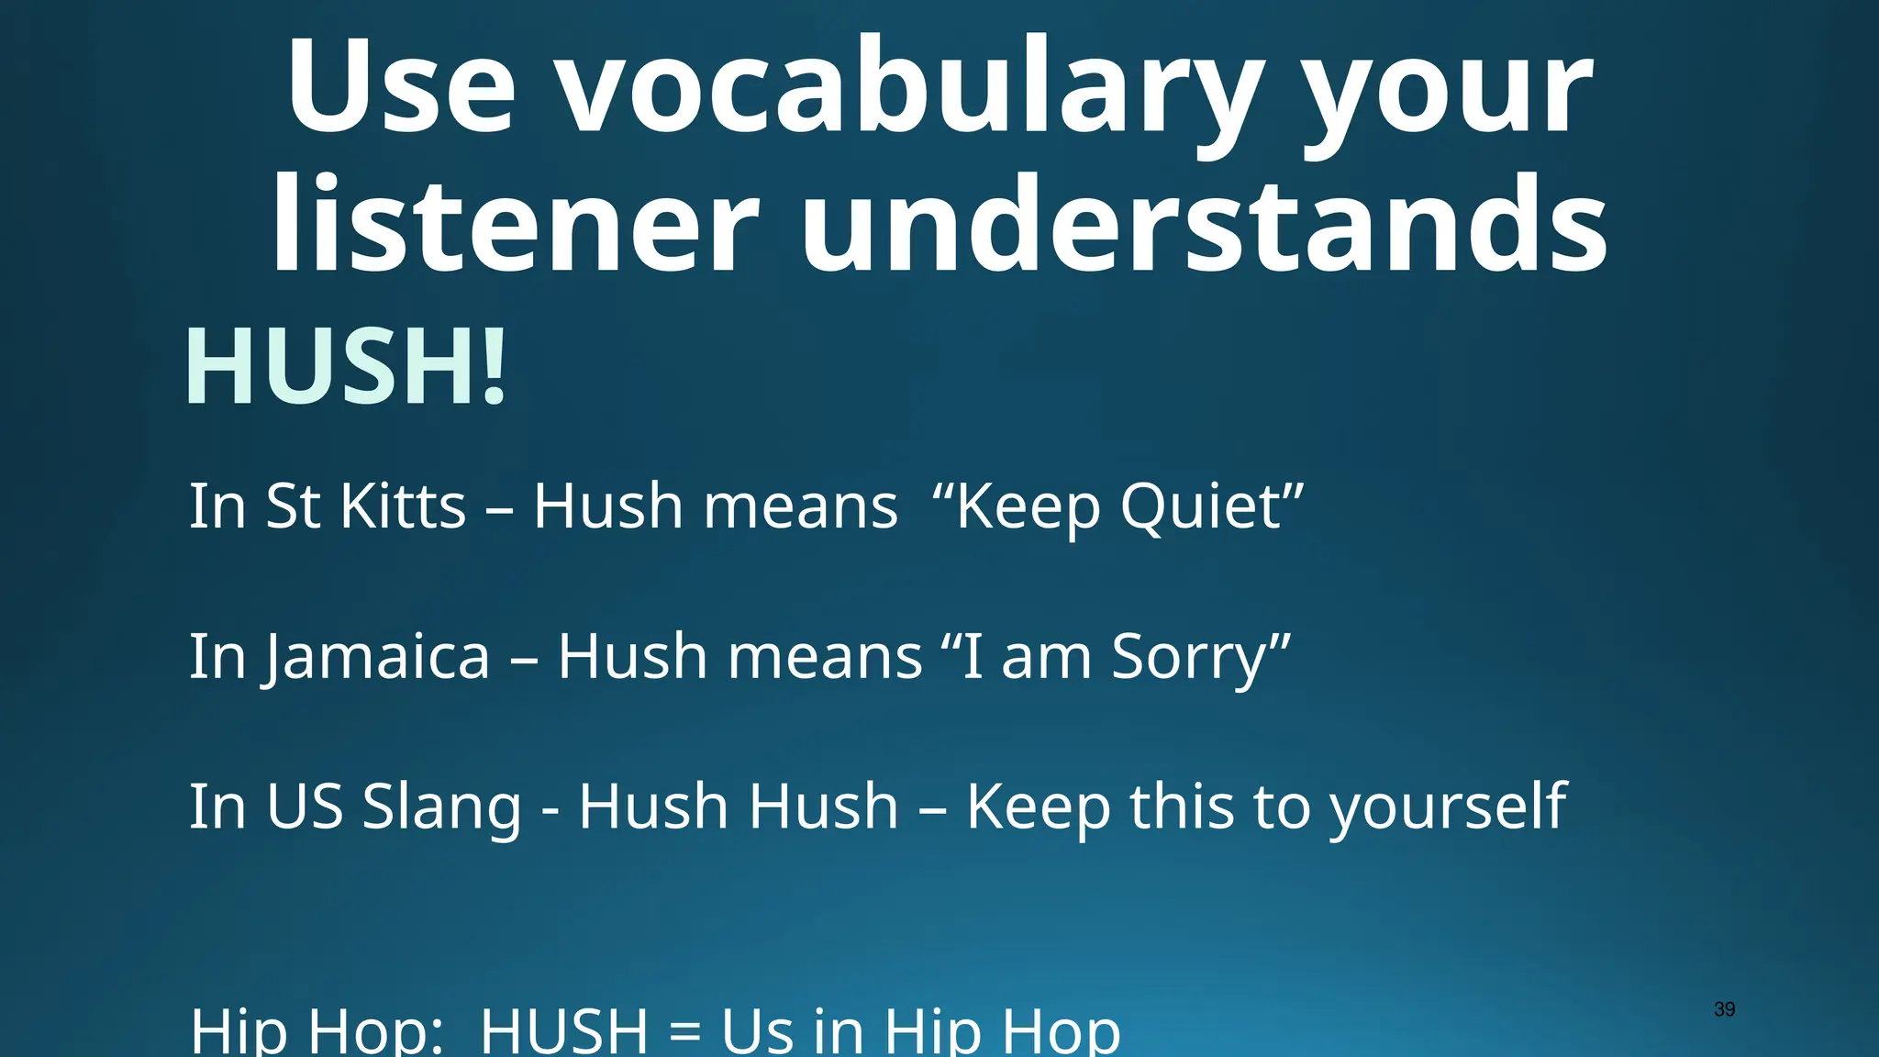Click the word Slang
[441, 807]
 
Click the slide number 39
[1724, 1009]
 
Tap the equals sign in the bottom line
[684, 1031]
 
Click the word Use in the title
[400, 90]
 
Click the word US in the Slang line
[304, 807]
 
